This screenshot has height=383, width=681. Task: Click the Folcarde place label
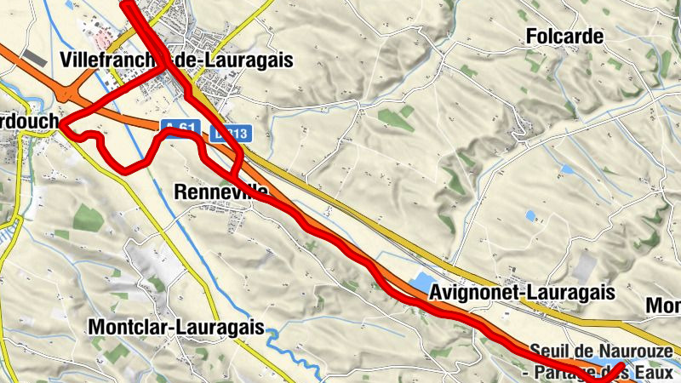(564, 37)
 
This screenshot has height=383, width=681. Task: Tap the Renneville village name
(220, 192)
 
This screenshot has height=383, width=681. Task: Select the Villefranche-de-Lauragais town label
(177, 60)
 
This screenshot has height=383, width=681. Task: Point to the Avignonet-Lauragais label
(523, 293)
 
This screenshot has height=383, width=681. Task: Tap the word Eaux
(656, 372)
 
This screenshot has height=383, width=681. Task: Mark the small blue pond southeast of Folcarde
(531, 216)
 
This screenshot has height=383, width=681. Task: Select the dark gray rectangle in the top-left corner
(36, 57)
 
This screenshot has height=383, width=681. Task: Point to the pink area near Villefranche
(104, 38)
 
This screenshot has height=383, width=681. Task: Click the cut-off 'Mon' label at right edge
(663, 306)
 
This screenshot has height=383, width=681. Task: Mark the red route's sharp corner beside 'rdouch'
(62, 124)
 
